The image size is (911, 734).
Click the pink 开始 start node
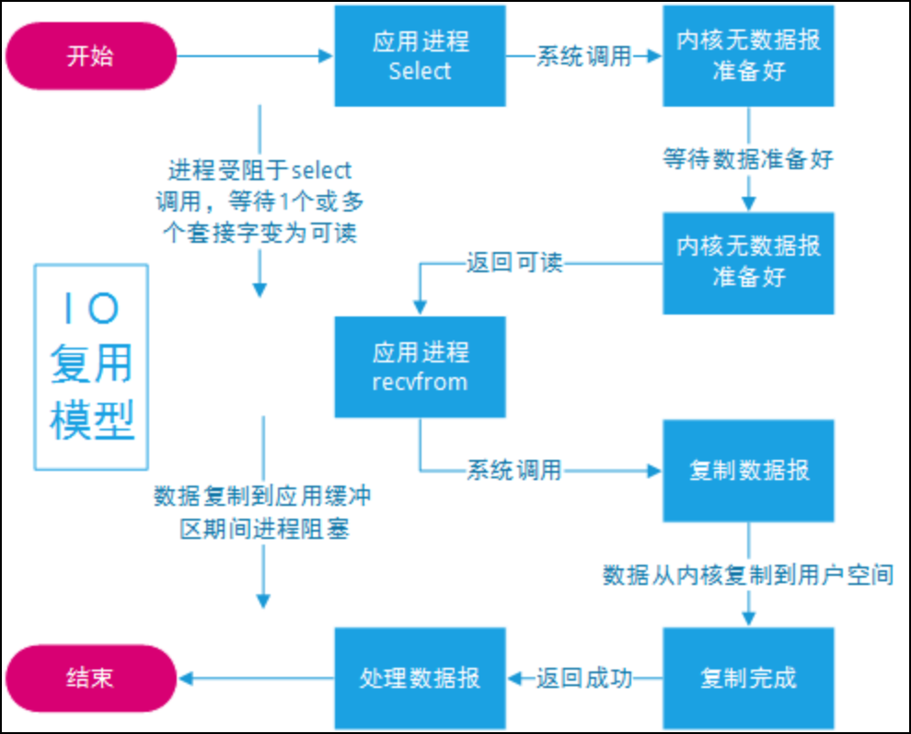click(x=90, y=56)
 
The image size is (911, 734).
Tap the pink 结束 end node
click(x=90, y=678)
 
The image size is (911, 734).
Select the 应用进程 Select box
click(x=420, y=56)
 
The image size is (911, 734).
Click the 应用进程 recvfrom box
click(x=420, y=366)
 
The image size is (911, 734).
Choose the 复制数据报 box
click(x=748, y=470)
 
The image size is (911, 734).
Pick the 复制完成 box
click(x=748, y=678)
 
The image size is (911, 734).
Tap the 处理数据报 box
click(x=420, y=678)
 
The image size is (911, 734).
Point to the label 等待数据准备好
click(x=748, y=159)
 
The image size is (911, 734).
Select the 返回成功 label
click(x=585, y=679)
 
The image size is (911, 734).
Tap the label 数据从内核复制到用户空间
click(x=748, y=576)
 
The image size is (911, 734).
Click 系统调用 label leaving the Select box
click(x=584, y=56)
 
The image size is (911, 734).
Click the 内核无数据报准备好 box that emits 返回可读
click(x=748, y=262)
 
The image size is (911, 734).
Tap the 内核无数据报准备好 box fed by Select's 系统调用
click(x=748, y=56)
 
